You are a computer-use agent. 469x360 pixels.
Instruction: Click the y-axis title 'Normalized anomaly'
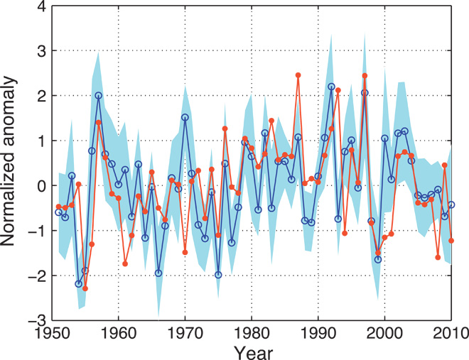point(13,164)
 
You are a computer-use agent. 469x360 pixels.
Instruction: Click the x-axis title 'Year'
point(252,351)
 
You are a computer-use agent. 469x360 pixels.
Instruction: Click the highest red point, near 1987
point(298,75)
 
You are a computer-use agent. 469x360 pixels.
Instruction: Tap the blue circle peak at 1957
point(98,95)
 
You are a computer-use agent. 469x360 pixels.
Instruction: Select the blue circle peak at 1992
point(331,87)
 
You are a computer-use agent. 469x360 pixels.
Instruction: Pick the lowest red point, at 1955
point(85,288)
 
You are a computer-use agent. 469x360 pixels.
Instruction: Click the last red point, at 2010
point(451,241)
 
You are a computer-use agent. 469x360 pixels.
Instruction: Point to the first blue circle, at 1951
point(58,212)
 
